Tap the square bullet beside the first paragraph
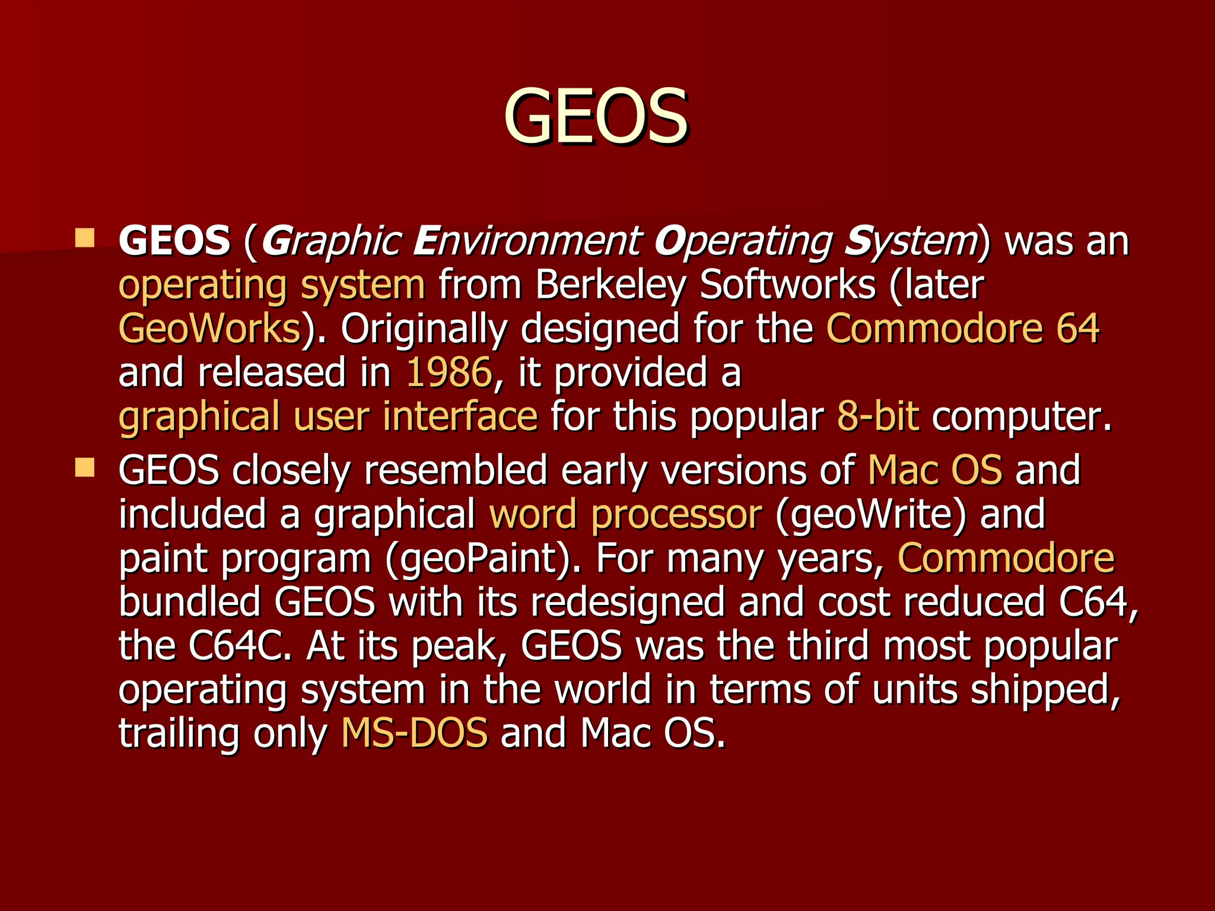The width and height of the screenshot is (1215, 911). click(x=85, y=238)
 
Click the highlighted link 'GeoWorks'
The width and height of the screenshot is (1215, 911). click(x=210, y=329)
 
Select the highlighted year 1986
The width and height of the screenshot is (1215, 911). click(x=449, y=372)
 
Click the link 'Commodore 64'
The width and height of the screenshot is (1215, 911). click(x=963, y=329)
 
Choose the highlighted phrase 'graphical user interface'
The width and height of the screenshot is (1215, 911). click(x=328, y=416)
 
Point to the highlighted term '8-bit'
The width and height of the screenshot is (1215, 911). click(x=878, y=416)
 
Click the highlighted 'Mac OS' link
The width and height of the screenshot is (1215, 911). click(x=935, y=470)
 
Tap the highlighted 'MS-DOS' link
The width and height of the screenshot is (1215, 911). click(x=415, y=733)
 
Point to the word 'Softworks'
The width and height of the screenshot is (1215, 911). click(x=787, y=285)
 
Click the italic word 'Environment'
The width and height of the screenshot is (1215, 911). click(x=526, y=241)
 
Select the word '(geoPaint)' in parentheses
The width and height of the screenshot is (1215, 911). click(x=482, y=558)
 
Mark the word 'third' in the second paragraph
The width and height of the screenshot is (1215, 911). click(x=828, y=646)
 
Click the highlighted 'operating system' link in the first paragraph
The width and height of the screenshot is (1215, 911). click(x=272, y=285)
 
